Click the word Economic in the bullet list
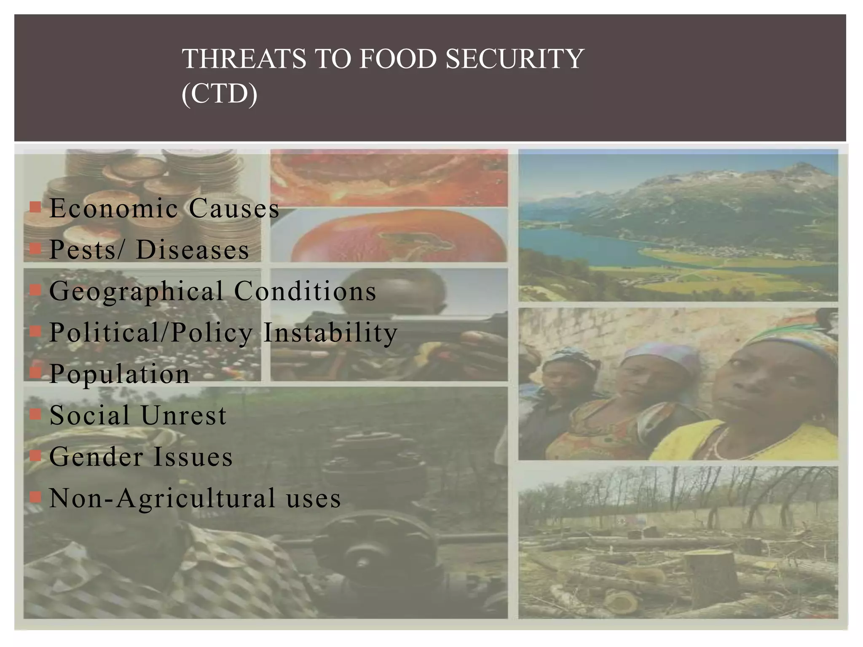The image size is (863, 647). pyautogui.click(x=114, y=208)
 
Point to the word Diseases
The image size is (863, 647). pyautogui.click(x=193, y=249)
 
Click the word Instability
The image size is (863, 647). pyautogui.click(x=330, y=332)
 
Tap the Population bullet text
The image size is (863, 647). pyautogui.click(x=120, y=374)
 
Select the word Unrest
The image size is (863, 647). pyautogui.click(x=184, y=415)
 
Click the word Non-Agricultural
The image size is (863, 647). pyautogui.click(x=162, y=498)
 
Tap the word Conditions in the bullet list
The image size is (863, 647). pyautogui.click(x=305, y=291)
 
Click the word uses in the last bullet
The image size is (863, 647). pyautogui.click(x=314, y=498)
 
